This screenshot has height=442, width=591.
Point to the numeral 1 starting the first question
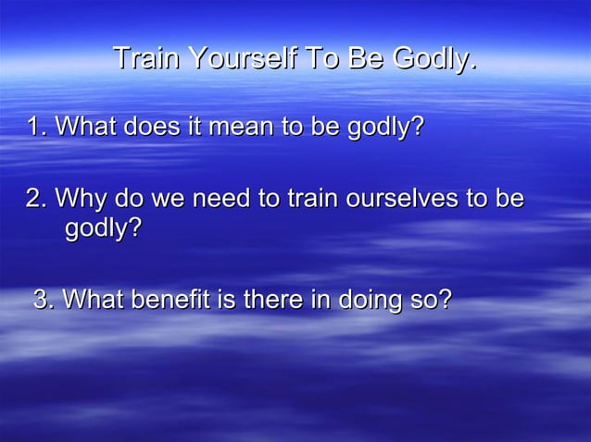(x=35, y=126)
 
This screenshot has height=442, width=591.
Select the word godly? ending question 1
(x=382, y=128)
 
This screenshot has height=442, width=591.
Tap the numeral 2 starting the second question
(x=34, y=199)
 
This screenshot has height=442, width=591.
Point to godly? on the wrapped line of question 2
(x=104, y=227)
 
